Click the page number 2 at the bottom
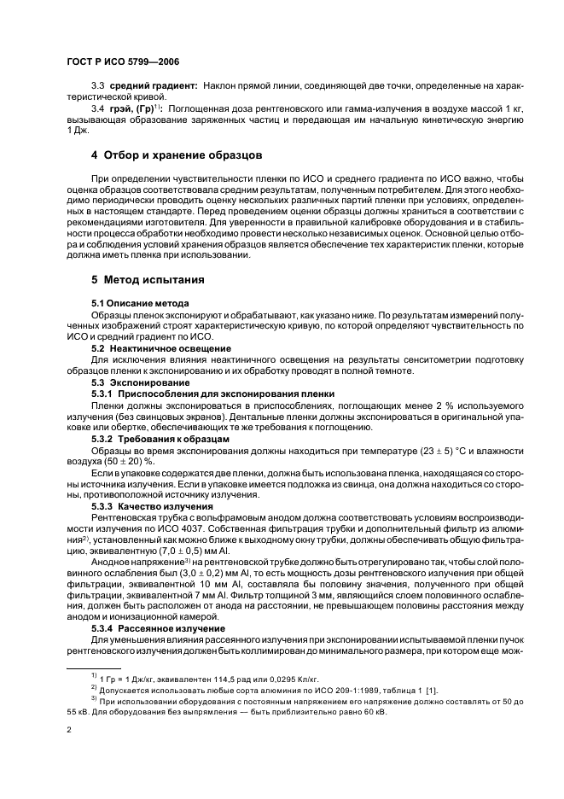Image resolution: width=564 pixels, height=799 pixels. tap(69, 731)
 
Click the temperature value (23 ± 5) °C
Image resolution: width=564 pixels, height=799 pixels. tap(433, 450)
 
